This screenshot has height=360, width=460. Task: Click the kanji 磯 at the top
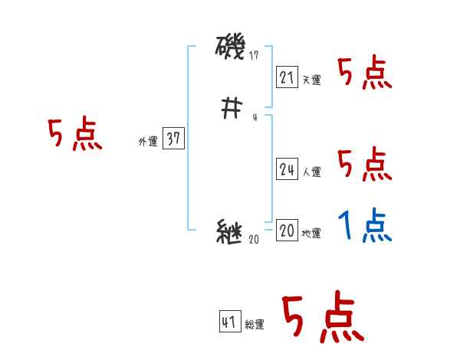231,49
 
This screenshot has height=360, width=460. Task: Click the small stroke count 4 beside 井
255,117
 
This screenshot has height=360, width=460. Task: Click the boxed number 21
287,77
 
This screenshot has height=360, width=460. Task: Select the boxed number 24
287,170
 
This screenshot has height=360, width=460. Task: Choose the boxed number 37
173,139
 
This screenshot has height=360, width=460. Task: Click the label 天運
312,80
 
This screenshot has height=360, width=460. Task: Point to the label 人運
312,172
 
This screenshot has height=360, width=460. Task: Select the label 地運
312,234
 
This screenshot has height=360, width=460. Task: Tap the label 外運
147,142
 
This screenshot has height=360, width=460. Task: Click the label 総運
255,325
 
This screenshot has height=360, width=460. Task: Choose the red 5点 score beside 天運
364,74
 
